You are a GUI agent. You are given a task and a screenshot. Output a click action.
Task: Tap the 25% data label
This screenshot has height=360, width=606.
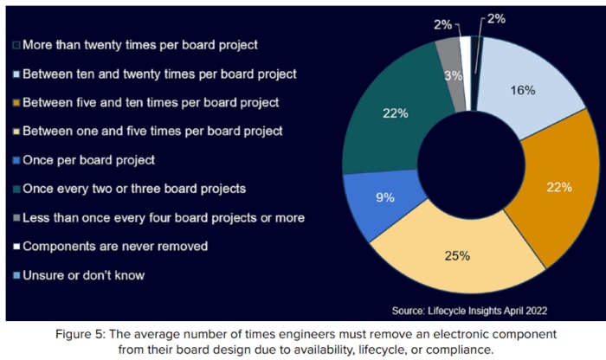[x=457, y=255]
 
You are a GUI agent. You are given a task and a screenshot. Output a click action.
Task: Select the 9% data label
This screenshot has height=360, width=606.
[x=386, y=196]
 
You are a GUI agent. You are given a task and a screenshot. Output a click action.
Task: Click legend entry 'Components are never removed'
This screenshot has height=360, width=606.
[x=115, y=246]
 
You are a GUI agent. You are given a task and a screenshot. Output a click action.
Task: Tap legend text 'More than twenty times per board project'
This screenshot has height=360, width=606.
[x=139, y=43]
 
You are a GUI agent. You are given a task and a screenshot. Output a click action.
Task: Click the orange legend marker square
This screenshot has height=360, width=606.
[x=15, y=102]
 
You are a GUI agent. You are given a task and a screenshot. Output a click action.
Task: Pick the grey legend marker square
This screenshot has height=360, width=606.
[x=15, y=217]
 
